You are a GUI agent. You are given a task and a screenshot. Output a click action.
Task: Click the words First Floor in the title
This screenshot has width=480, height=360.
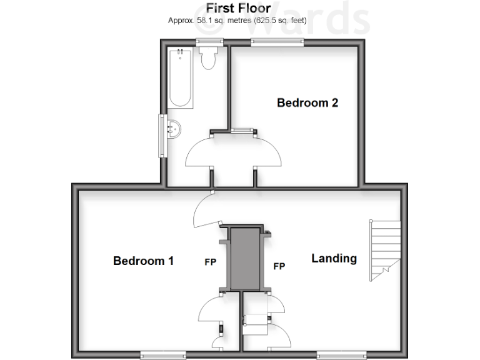(x=239, y=8)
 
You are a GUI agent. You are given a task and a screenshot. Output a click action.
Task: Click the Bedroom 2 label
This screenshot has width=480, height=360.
(x=307, y=102)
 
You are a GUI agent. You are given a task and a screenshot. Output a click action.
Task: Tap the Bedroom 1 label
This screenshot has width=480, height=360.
(x=143, y=261)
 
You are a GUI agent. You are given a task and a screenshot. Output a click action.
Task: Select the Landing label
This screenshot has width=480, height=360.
(x=334, y=258)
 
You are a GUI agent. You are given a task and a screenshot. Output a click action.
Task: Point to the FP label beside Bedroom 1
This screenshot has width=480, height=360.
(x=210, y=262)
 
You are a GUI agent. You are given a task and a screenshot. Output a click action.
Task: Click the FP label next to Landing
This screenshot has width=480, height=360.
(x=279, y=266)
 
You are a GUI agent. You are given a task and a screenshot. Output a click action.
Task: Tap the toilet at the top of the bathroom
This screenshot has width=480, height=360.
(x=209, y=57)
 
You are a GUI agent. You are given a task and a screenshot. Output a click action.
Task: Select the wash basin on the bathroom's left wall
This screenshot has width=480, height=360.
(x=173, y=129)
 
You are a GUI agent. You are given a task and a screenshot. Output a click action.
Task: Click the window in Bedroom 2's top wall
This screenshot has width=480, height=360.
(x=277, y=42)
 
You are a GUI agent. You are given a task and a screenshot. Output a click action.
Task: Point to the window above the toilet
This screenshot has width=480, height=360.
(x=209, y=42)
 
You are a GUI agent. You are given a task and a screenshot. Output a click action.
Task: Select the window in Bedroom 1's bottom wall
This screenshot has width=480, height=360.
(x=164, y=356)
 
